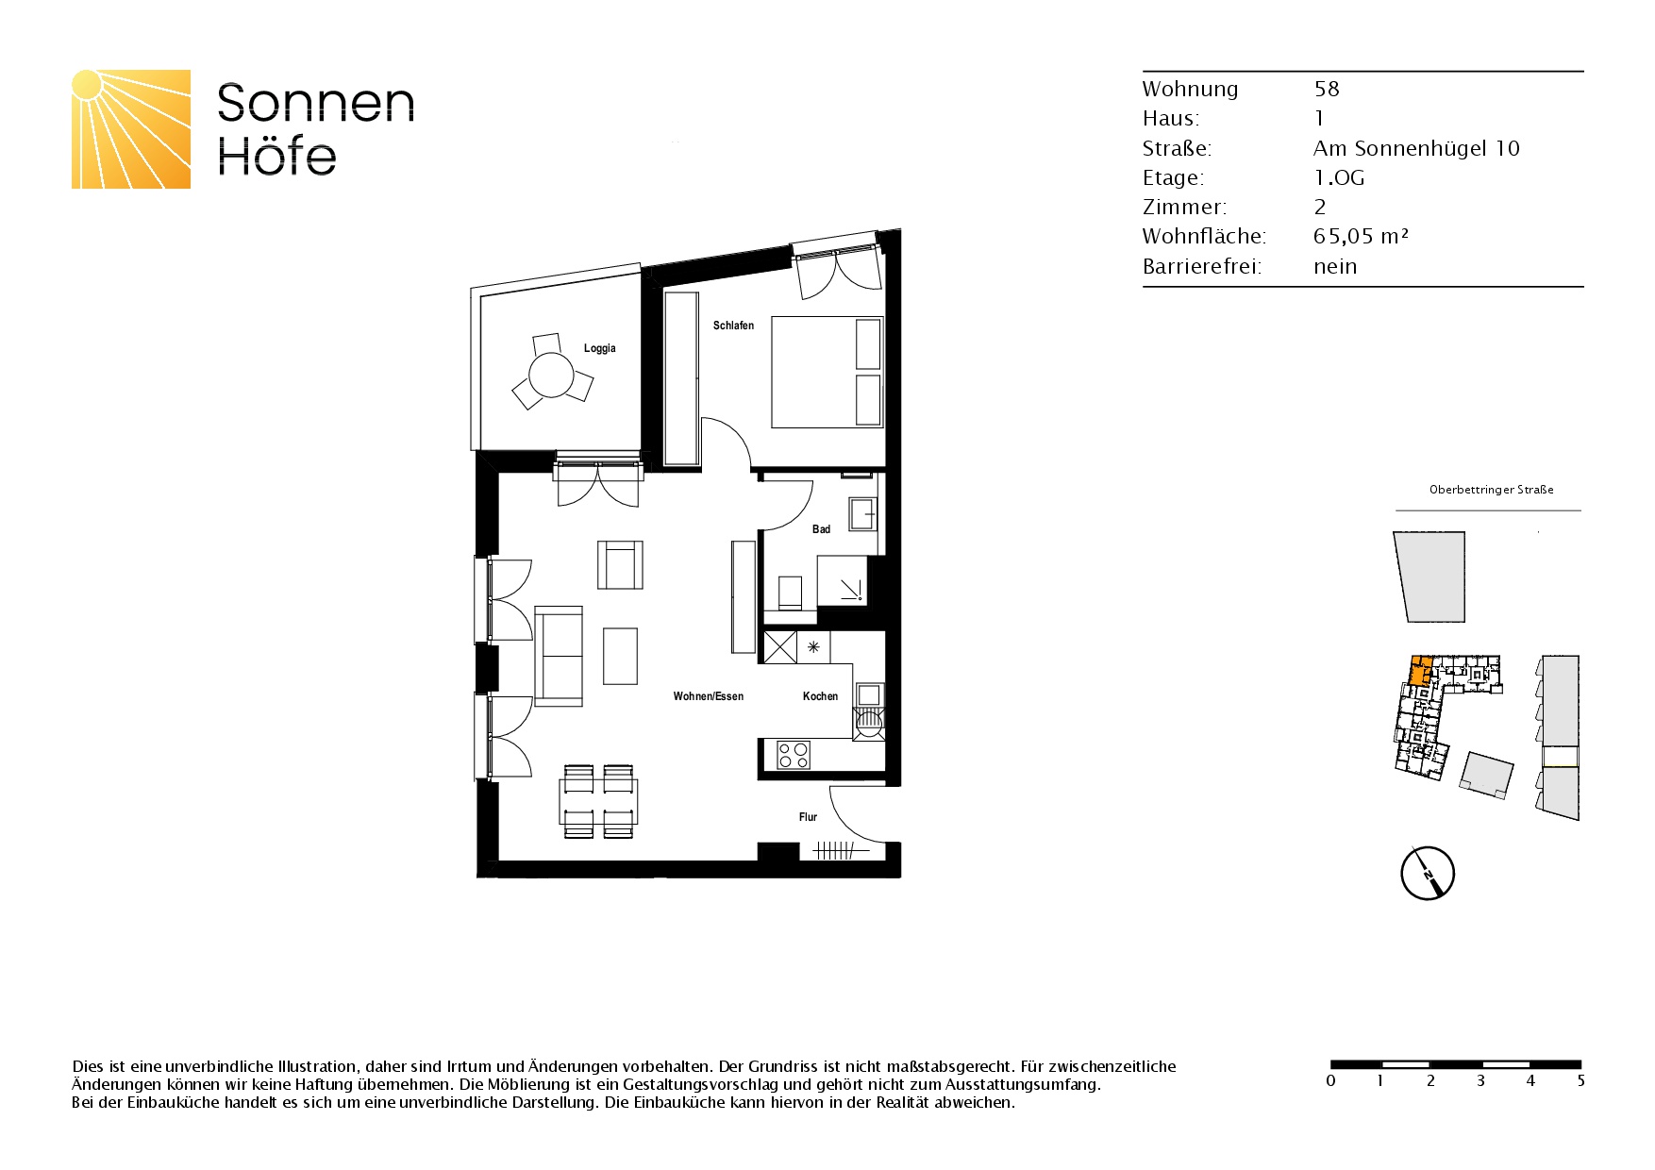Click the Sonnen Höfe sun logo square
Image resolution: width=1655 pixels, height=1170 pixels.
coord(131,129)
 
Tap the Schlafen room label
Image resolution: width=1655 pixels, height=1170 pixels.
coord(733,326)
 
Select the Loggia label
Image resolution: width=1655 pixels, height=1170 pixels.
coord(599,348)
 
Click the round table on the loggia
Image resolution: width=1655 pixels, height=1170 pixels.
coord(552,376)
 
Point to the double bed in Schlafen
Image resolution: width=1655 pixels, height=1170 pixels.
coord(827,372)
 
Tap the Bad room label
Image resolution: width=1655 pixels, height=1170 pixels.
coord(821,529)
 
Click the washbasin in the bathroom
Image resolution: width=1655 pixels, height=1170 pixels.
coord(862,515)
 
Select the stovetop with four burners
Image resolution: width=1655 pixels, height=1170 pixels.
coord(793,755)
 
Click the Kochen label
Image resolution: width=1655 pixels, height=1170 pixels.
coord(820,696)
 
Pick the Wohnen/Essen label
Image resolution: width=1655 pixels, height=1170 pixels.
coord(708,696)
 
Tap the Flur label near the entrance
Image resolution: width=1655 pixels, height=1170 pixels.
coord(808,817)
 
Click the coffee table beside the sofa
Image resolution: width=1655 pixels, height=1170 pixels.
coord(620,656)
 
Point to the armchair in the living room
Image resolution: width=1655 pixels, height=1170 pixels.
coord(620,564)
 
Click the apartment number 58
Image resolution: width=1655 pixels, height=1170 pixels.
coord(1327,89)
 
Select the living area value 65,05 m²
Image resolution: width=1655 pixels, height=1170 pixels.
coord(1360,237)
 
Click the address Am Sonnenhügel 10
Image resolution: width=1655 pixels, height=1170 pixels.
coord(1416,148)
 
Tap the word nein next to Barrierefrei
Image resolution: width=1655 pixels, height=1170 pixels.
coord(1335,266)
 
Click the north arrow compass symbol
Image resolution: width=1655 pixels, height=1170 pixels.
coord(1427,874)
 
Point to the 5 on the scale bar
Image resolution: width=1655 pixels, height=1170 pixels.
coord(1580,1081)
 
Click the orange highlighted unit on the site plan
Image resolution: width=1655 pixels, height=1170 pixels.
coord(1418,671)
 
